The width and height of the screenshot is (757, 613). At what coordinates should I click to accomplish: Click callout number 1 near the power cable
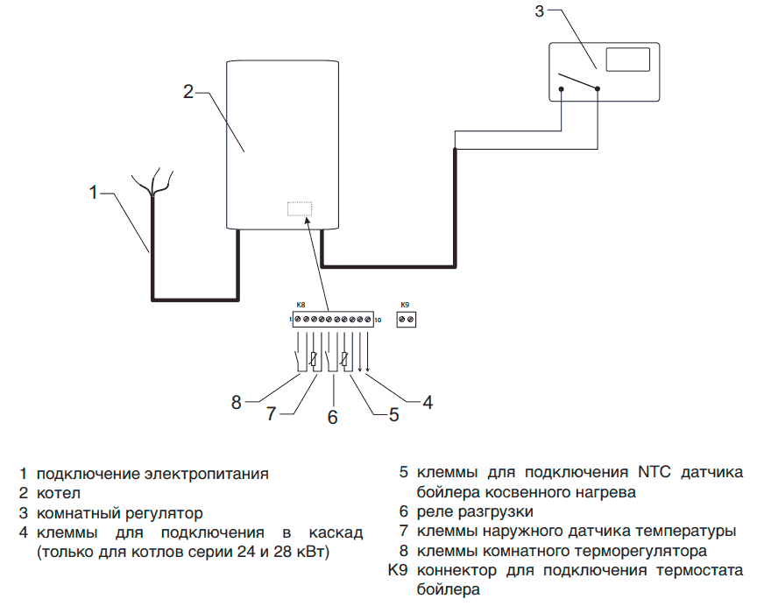(x=94, y=191)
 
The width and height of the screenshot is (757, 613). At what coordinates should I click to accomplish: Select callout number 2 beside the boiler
(x=187, y=91)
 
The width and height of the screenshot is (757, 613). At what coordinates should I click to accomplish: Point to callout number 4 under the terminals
(x=427, y=402)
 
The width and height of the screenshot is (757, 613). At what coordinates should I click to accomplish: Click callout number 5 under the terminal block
(x=393, y=415)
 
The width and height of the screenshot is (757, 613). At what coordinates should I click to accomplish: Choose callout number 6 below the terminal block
(x=332, y=417)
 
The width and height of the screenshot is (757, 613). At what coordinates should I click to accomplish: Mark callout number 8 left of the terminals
(x=237, y=402)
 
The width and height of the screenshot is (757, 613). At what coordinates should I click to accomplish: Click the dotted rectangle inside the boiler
(x=300, y=209)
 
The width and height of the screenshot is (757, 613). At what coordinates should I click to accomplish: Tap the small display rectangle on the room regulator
(x=627, y=60)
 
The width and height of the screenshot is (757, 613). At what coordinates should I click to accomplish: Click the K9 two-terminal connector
(x=406, y=321)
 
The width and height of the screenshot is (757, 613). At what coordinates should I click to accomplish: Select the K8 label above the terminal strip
(x=301, y=305)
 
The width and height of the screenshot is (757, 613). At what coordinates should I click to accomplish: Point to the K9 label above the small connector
(x=405, y=305)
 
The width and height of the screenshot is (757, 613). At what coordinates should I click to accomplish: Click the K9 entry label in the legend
(x=399, y=571)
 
